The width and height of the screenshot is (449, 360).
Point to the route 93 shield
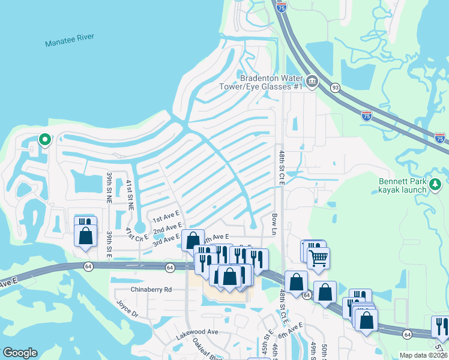pyautogui.click(x=335, y=88)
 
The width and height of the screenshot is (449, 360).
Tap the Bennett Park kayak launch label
pyautogui.click(x=403, y=185)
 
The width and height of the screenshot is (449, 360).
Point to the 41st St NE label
pyautogui.click(x=130, y=194)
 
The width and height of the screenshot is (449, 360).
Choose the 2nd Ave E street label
pyautogui.click(x=167, y=229)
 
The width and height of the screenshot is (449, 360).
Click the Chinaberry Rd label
pyautogui.click(x=151, y=289)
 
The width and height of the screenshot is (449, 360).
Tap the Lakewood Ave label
pyautogui.click(x=196, y=331)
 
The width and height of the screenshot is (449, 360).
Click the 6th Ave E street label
pyautogui.click(x=291, y=328)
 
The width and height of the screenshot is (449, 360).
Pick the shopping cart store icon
pyautogui.click(x=318, y=258)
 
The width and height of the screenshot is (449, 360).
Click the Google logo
pyautogui.click(x=20, y=353)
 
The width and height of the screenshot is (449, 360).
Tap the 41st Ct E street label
pyautogui.click(x=137, y=236)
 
